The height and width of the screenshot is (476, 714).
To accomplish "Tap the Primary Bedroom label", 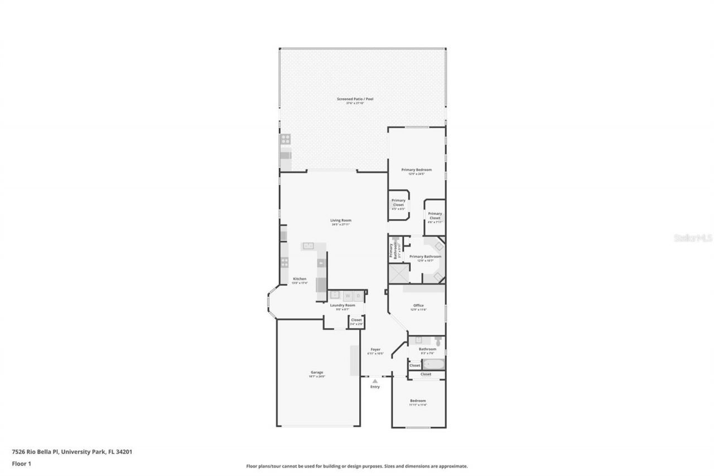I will tap(417, 170).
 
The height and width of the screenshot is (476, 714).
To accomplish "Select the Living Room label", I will tap(341, 220).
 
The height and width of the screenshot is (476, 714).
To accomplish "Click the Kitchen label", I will tap(300, 279).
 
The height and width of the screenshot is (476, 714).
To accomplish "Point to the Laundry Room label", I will tap(342, 305).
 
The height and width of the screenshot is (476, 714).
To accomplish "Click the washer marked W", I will tap(347, 296).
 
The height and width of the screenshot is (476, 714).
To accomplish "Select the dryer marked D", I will tap(358, 296).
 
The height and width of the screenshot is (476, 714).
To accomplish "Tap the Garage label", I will tap(317, 373).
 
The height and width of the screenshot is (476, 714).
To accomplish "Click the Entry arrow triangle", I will tap(375, 381).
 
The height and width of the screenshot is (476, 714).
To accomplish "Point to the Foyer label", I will tap(375, 349).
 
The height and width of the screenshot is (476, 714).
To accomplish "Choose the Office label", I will tap(418, 306).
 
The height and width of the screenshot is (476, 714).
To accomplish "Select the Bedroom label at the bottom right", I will tap(418, 401).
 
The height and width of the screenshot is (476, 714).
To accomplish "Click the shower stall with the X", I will tap(398, 275).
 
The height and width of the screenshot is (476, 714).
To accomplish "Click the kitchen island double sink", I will tap(308, 246).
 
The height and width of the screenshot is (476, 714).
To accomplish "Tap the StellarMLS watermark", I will tap(693, 238).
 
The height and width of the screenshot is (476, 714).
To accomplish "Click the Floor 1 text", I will tap(21, 463).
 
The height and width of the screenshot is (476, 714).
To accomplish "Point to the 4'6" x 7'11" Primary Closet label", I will tap(435, 216).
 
